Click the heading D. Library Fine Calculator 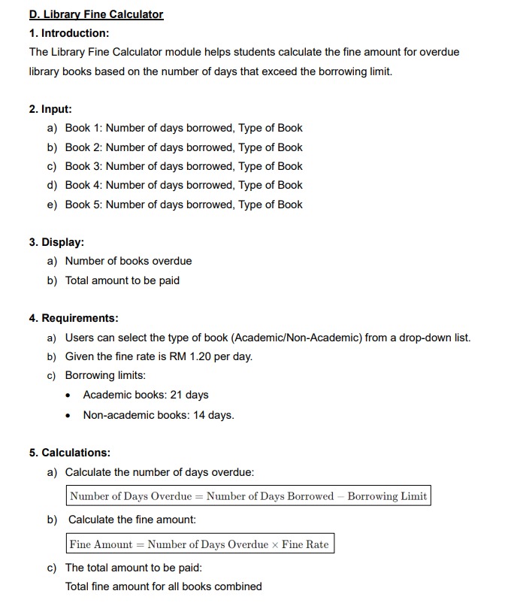pyautogui.click(x=96, y=14)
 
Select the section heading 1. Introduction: pyautogui.click(x=69, y=33)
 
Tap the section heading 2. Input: pyautogui.click(x=50, y=109)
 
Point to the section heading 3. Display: pyautogui.click(x=56, y=242)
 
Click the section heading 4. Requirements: pyautogui.click(x=74, y=318)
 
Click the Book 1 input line pyautogui.click(x=183, y=128)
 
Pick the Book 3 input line pyautogui.click(x=183, y=166)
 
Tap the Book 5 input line pyautogui.click(x=183, y=205)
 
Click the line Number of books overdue pyautogui.click(x=128, y=261)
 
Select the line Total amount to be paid pyautogui.click(x=122, y=280)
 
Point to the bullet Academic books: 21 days pyautogui.click(x=146, y=395)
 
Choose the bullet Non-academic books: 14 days pyautogui.click(x=159, y=415)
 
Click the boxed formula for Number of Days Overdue pyautogui.click(x=248, y=496)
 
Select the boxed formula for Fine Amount pyautogui.click(x=199, y=544)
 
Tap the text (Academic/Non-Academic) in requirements pyautogui.click(x=297, y=338)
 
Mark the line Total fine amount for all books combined pyautogui.click(x=164, y=586)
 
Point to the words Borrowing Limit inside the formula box pyautogui.click(x=387, y=496)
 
